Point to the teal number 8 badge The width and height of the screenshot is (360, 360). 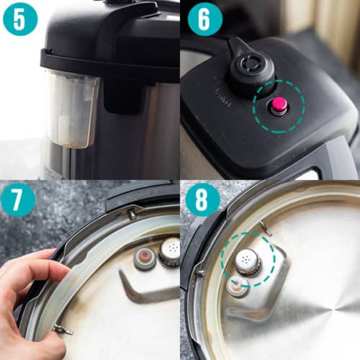click(x=204, y=203)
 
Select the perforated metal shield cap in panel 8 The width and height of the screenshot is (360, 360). click(x=248, y=261)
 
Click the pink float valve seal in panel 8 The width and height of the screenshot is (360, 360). click(x=237, y=287)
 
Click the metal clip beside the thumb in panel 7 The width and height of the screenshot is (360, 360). click(x=60, y=330)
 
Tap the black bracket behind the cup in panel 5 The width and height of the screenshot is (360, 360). click(x=108, y=94)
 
